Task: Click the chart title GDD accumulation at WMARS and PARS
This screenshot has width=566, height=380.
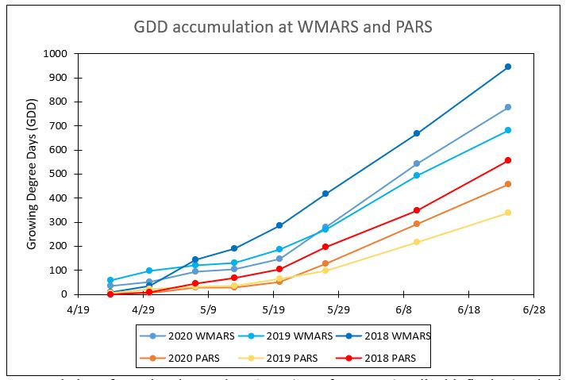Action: coord(283,28)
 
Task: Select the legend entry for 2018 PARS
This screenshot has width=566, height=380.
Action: coord(382,358)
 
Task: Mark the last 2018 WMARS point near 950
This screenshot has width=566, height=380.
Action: coord(508,67)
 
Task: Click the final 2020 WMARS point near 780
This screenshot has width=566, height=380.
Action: coord(508,107)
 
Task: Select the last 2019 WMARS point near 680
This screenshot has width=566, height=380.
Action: coord(508,130)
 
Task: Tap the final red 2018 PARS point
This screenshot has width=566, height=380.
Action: coord(508,160)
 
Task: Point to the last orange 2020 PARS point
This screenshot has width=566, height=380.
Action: coord(508,184)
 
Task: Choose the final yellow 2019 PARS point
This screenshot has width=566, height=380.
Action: coord(508,213)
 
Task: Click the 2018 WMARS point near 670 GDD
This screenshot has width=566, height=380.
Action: coord(417,133)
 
